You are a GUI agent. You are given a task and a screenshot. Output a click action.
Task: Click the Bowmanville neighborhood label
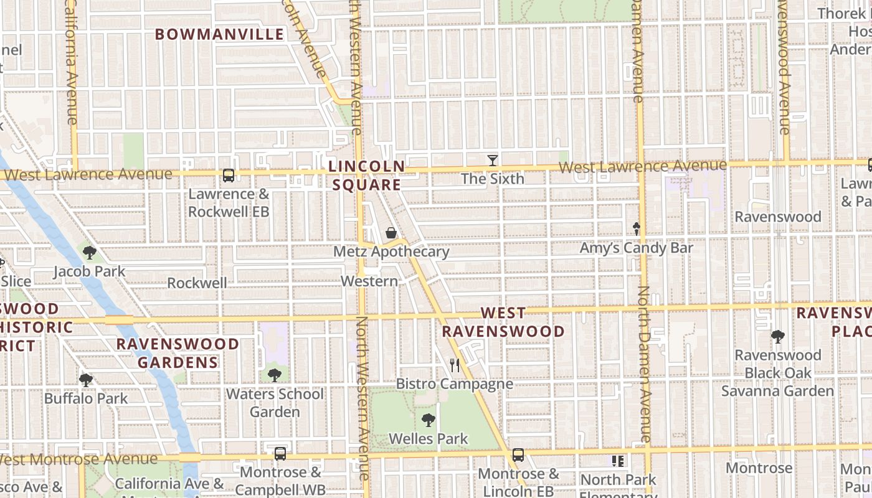click(219, 34)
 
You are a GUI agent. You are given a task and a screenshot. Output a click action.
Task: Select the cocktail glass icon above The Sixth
click(492, 161)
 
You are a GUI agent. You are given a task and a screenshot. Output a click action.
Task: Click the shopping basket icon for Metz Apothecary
click(391, 233)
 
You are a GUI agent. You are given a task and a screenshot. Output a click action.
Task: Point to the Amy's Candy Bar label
click(636, 248)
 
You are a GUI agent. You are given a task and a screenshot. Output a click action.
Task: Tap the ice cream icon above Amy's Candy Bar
click(637, 228)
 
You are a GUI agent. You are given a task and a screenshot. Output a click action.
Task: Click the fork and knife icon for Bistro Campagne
click(455, 365)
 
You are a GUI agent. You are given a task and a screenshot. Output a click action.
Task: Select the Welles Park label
click(428, 439)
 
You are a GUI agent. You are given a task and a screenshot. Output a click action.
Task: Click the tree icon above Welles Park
click(428, 420)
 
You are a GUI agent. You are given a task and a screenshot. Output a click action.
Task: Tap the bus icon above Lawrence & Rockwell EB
click(229, 176)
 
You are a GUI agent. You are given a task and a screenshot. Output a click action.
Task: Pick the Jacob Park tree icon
click(90, 253)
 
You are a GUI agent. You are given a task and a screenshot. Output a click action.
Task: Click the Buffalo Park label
click(85, 398)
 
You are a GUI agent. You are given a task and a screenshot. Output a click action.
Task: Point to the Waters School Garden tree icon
click(274, 375)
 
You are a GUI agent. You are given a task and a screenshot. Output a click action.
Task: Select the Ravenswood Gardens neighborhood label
click(178, 353)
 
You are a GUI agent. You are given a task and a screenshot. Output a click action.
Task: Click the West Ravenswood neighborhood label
click(503, 322)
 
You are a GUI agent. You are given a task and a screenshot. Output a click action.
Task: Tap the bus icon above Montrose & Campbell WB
click(280, 453)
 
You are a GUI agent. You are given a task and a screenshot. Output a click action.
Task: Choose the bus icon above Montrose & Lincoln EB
click(518, 455)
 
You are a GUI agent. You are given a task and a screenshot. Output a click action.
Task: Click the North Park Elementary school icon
click(618, 461)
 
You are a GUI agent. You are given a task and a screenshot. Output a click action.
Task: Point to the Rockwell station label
click(197, 283)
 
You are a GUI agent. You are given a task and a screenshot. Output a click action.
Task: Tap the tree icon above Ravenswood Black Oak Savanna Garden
click(777, 337)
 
